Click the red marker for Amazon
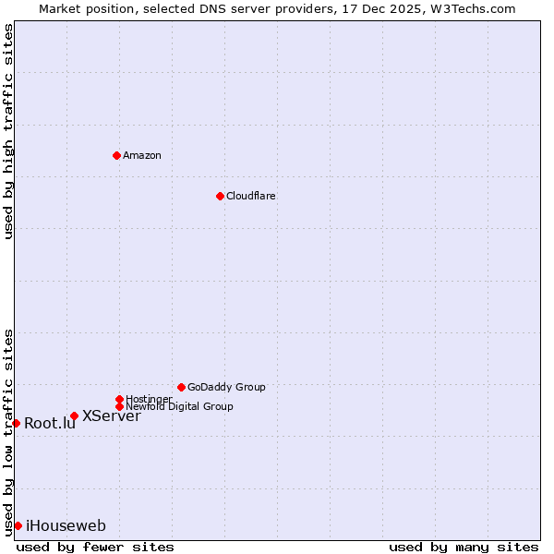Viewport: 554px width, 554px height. pos(116,155)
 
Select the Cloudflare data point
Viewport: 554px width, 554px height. pos(220,196)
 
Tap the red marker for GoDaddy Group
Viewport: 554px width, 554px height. pos(181,387)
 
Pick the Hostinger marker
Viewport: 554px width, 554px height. pos(119,399)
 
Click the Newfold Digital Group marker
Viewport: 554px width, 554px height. pos(119,406)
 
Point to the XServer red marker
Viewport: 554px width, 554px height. pos(74,415)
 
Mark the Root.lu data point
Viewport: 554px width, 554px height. pos(16,423)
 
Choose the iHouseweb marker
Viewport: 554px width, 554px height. pos(18,525)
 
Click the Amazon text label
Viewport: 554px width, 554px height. pos(142,155)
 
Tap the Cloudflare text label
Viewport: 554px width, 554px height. pos(251,196)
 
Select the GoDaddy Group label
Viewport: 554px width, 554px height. pos(226,387)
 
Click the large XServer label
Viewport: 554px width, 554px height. pos(112,415)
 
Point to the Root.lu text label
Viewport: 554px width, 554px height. pos(50,424)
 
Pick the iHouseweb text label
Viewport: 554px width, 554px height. pos(66,526)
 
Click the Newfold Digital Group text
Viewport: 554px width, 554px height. pos(179,406)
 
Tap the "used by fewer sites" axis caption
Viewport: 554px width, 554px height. pos(95,547)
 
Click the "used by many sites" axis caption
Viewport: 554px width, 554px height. pos(464,547)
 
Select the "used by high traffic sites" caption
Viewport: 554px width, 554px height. pos(8,131)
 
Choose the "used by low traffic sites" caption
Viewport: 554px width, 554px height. pos(8,431)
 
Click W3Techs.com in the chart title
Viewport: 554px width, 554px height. pos(472,8)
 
